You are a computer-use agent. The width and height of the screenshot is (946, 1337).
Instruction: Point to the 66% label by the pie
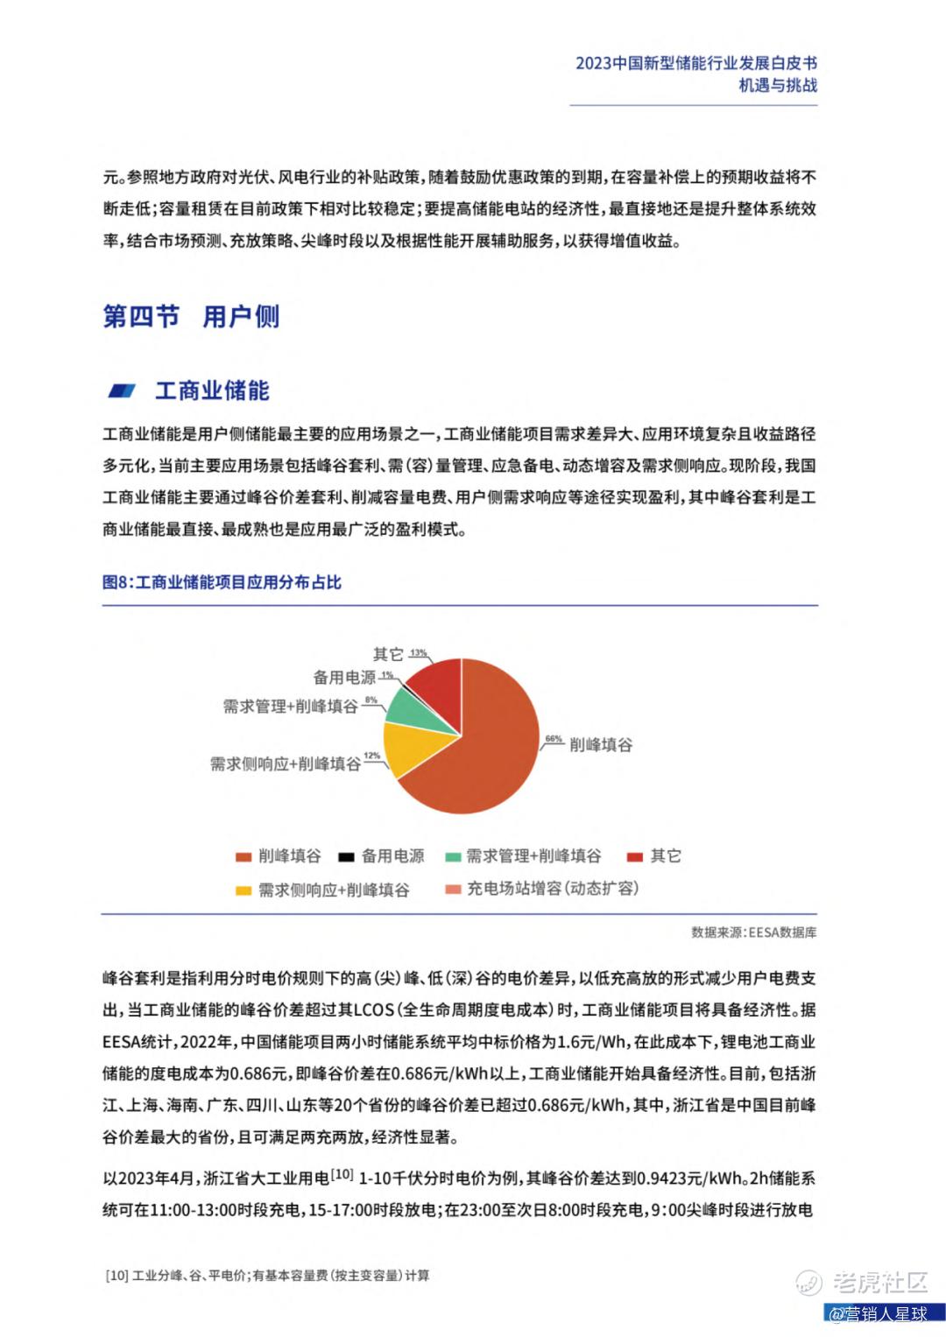(554, 739)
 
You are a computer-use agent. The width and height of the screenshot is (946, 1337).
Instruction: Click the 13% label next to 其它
(418, 653)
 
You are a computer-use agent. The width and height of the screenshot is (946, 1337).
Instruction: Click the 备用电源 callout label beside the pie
(344, 678)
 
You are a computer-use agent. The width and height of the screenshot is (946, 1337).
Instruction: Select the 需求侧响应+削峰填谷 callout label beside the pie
(285, 764)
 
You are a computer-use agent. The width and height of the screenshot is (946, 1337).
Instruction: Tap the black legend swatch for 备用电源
(346, 856)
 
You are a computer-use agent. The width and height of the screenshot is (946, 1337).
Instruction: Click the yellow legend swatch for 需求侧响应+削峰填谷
(244, 891)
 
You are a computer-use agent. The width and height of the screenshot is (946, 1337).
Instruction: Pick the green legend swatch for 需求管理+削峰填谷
(453, 856)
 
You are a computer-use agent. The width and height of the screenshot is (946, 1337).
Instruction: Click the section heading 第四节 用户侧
(191, 316)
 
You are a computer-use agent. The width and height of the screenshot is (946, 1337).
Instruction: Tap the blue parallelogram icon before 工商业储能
(122, 391)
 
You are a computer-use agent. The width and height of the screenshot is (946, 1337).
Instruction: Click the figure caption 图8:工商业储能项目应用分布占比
(222, 582)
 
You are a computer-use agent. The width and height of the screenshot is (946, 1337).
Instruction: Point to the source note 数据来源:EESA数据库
(753, 932)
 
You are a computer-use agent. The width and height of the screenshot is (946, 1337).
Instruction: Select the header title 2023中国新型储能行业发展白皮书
(696, 63)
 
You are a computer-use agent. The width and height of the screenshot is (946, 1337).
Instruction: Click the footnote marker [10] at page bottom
(116, 1276)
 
